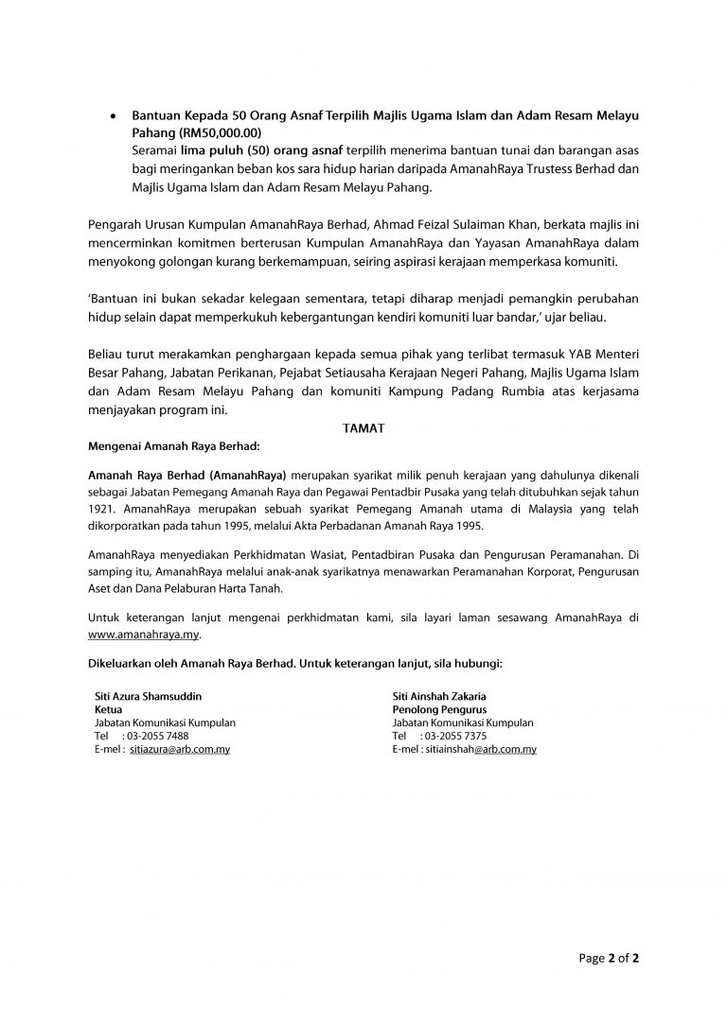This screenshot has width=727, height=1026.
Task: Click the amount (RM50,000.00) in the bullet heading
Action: [x=219, y=134]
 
